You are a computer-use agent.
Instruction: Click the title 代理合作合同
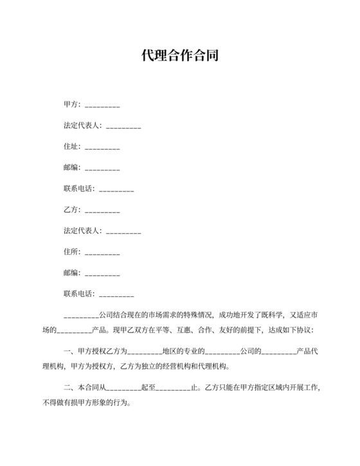pyautogui.click(x=180, y=56)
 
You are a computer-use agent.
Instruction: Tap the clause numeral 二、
pyautogui.click(x=69, y=388)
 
